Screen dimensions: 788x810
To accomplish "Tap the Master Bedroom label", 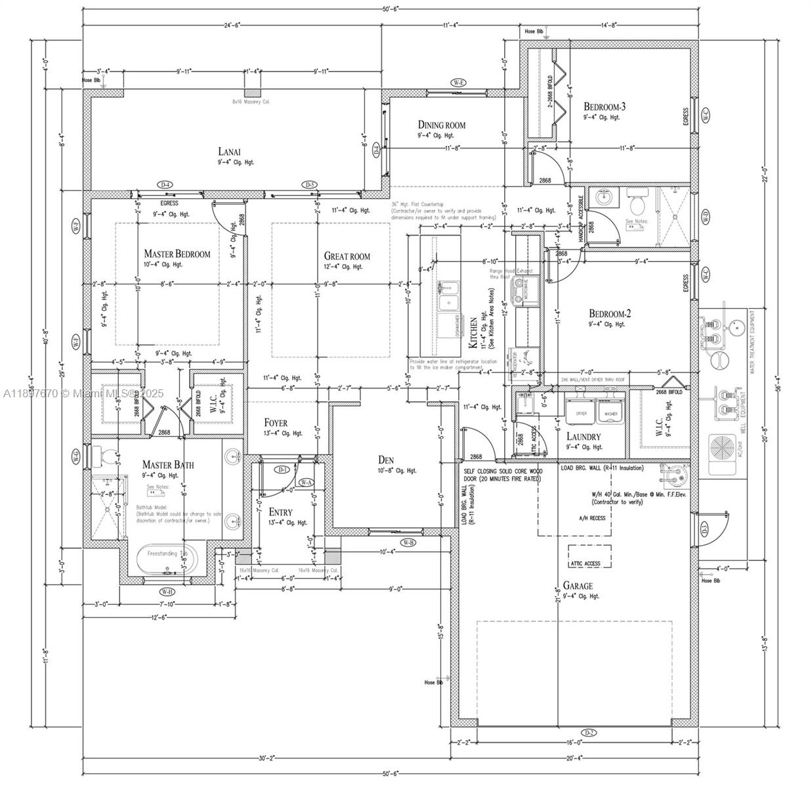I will point(177,254).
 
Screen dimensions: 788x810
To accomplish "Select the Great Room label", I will point(347,256).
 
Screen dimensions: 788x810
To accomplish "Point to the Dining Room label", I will point(441,125).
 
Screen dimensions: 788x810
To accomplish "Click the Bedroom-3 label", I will point(605,106).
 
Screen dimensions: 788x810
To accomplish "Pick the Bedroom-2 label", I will point(610,313).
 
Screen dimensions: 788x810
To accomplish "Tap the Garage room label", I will point(577,586).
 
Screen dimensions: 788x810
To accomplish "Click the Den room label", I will point(385,460).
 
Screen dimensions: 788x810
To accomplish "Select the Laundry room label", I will point(583,437).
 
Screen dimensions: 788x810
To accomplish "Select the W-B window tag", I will point(408,542).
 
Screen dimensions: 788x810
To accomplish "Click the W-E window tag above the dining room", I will point(458,83).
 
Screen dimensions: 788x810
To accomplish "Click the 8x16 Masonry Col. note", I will point(251,102).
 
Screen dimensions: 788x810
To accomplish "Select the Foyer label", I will point(276,423).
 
